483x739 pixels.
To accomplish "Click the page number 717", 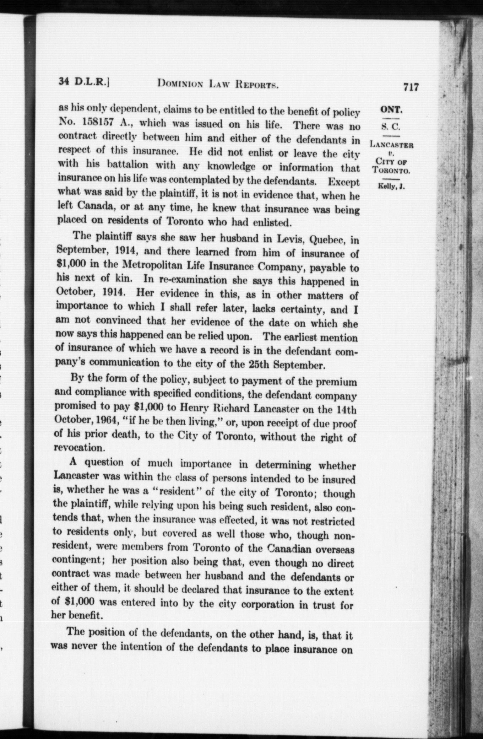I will pyautogui.click(x=411, y=87).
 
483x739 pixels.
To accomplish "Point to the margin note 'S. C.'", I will pyautogui.click(x=391, y=127).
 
